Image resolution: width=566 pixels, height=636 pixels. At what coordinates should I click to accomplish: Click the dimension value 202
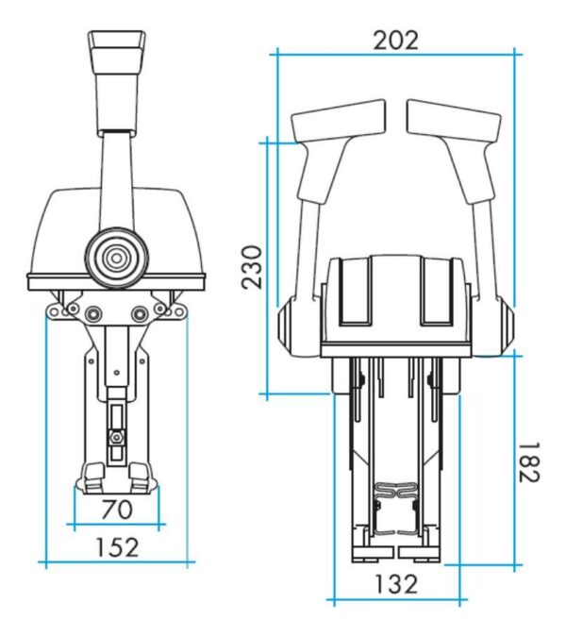pos(395,40)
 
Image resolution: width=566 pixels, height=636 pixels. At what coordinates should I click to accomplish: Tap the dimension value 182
pos(529,461)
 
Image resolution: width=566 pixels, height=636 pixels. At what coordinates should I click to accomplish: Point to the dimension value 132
pos(395,583)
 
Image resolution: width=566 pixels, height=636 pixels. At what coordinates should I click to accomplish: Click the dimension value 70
pos(116,510)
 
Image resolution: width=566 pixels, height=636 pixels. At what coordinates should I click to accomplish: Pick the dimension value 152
pos(117,546)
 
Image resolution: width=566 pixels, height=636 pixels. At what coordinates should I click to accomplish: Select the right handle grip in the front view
pos(453,122)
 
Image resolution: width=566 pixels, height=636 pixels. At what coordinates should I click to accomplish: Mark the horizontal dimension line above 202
pos(395,55)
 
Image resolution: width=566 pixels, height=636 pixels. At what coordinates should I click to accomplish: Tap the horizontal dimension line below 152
pos(117,563)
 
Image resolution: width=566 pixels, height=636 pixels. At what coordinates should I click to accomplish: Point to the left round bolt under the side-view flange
pos(93,313)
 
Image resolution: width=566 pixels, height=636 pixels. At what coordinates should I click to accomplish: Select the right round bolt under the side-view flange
pos(141,313)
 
